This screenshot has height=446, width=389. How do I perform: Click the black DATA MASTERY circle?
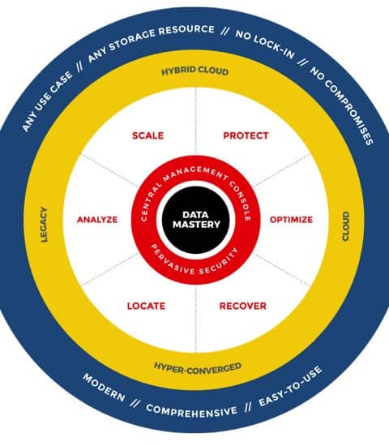tap(196, 220)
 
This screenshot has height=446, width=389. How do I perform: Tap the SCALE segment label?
tap(147, 135)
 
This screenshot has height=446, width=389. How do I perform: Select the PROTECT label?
tap(246, 135)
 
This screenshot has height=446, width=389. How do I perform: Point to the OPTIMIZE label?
tap(291, 220)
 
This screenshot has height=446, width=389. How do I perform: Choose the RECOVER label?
tap(243, 306)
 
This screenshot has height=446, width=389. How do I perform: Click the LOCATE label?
tap(146, 306)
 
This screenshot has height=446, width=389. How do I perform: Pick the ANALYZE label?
tap(97, 220)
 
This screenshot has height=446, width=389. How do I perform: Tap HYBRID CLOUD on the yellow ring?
tap(194, 71)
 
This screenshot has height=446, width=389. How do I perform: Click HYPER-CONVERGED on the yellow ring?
tap(198, 368)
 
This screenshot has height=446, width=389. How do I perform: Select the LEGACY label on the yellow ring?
tap(44, 225)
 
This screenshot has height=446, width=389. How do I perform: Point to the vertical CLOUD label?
tap(345, 226)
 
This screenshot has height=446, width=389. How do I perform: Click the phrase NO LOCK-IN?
tap(265, 45)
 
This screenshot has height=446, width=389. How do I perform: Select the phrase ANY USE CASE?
tap(47, 101)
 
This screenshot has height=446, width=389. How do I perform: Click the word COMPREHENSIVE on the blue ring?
tap(191, 410)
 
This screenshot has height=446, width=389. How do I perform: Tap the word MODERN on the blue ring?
tap(104, 388)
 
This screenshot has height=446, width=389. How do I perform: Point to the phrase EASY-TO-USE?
tap(291, 386)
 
